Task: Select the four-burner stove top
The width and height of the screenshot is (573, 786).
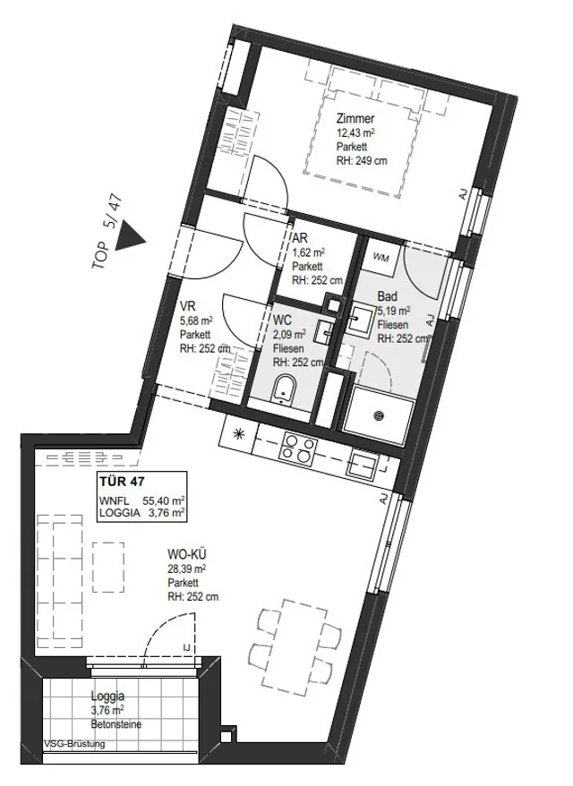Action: [299, 449]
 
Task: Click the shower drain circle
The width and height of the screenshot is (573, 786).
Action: [379, 415]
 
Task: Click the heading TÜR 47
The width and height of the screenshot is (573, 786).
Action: [122, 482]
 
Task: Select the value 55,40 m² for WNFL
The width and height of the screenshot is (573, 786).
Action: [164, 500]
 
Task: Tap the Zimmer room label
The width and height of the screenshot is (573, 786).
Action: [355, 119]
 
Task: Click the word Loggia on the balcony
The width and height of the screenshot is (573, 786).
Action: [107, 696]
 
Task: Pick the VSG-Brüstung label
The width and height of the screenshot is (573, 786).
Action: [74, 744]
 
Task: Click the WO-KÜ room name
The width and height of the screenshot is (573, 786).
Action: [187, 554]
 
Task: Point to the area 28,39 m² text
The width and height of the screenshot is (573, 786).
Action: [187, 568]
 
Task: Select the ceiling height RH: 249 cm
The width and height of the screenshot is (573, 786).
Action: [362, 161]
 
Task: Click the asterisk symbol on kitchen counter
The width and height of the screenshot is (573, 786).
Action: [239, 435]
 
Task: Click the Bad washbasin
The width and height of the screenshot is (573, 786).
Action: [361, 319]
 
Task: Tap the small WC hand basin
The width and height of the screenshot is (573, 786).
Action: [322, 331]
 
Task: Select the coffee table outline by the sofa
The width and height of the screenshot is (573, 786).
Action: [107, 567]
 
